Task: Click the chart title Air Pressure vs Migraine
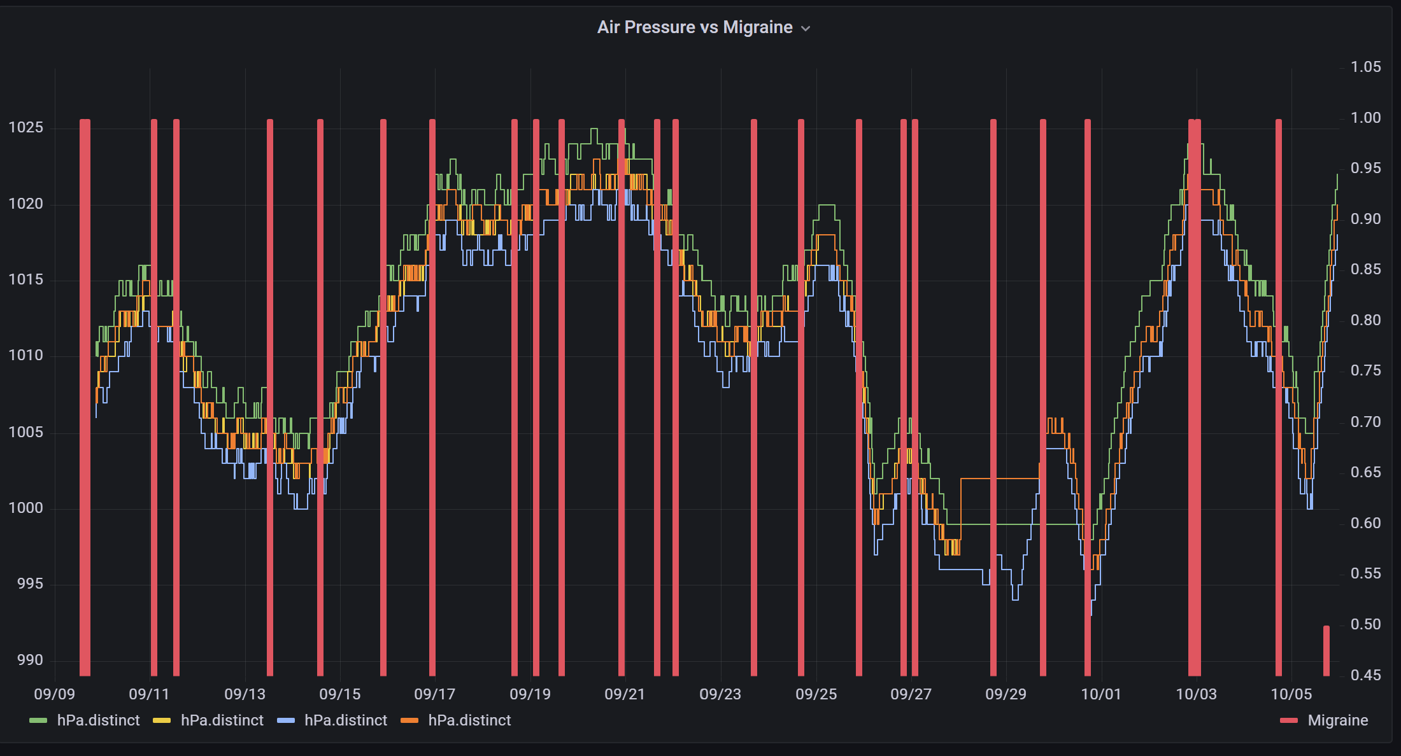pos(694,27)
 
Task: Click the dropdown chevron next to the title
pos(806,29)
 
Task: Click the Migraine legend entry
pos(1337,720)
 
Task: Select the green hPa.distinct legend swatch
pos(38,720)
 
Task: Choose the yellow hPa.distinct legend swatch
pos(162,720)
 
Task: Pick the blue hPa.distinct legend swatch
pos(286,720)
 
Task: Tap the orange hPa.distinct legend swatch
pos(409,720)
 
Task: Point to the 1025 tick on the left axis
pos(25,127)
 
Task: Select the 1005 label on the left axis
pos(25,432)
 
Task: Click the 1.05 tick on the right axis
pos(1365,67)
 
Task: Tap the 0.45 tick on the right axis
pos(1365,675)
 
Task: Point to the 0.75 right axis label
pos(1365,370)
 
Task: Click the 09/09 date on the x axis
pos(54,694)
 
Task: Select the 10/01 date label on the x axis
pos(1101,694)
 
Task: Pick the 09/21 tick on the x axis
pos(625,694)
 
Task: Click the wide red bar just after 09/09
pos(85,395)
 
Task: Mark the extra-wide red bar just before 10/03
pos(1195,395)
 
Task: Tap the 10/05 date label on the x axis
pos(1291,694)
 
